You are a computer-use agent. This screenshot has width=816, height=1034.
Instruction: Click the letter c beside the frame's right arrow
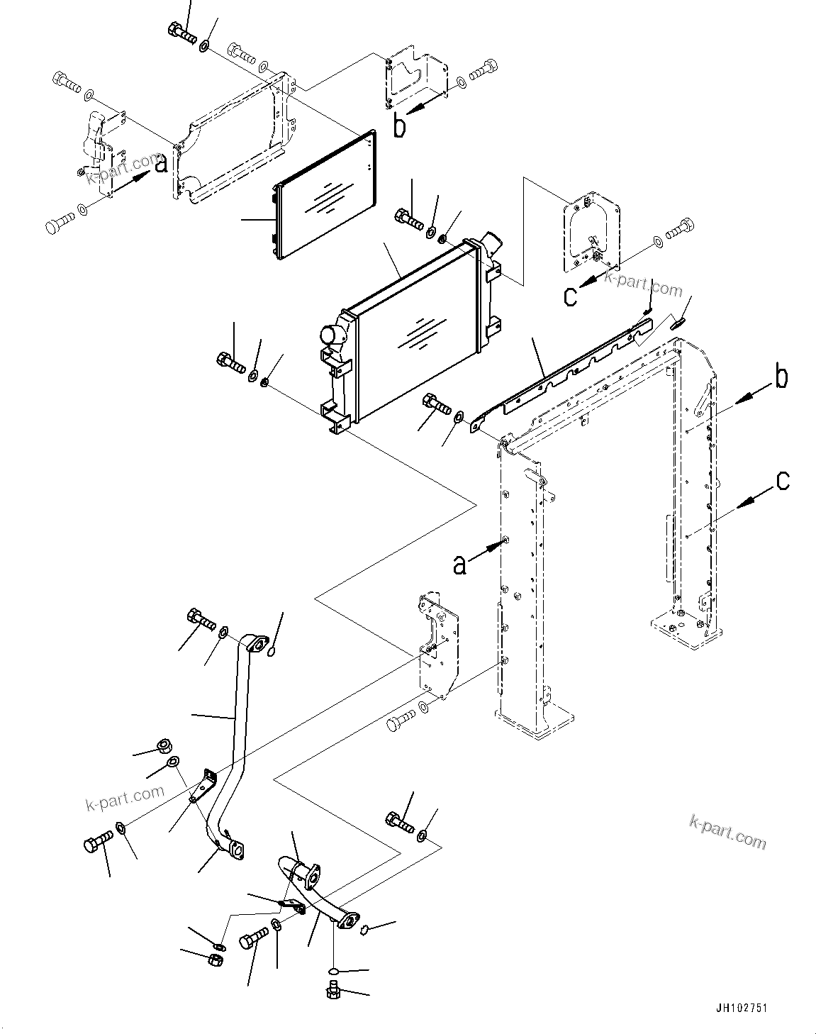(782, 481)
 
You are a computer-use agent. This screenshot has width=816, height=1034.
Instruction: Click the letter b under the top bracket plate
(401, 127)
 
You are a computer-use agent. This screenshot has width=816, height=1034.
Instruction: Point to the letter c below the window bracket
(571, 296)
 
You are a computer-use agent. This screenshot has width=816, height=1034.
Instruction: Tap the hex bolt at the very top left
(181, 30)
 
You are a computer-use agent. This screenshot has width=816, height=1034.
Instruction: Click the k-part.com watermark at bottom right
(727, 831)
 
